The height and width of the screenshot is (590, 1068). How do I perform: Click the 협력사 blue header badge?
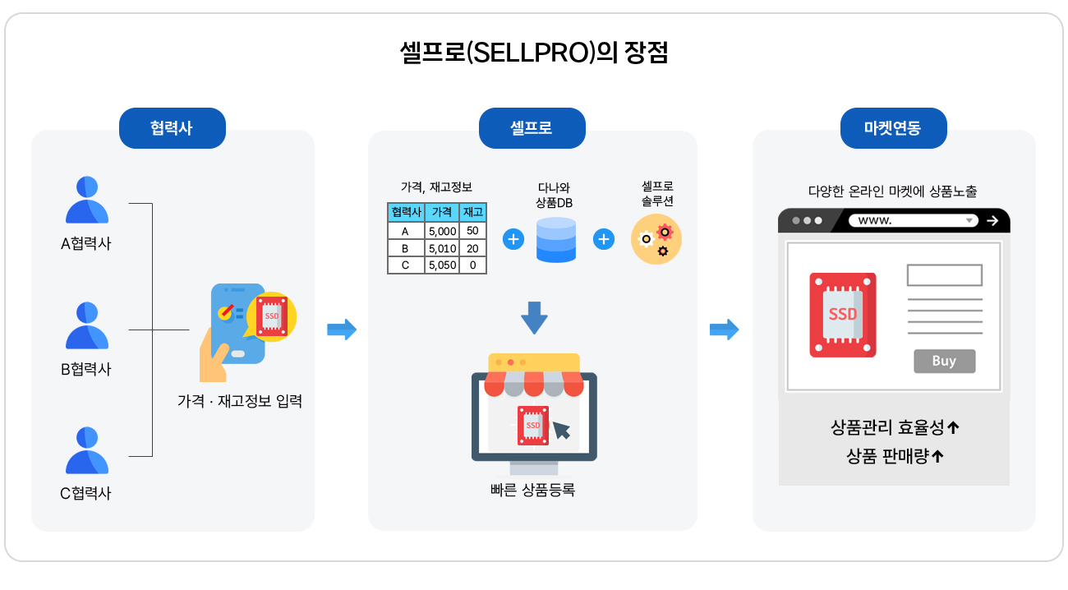173,128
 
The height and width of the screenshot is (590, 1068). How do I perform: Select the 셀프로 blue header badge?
532,128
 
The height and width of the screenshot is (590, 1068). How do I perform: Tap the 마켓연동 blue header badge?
893,128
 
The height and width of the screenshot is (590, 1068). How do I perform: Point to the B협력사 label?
86,369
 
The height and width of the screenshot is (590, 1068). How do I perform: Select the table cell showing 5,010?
442,248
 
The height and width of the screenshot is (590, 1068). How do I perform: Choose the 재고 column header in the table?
472,212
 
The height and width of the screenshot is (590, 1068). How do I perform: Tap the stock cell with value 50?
472,231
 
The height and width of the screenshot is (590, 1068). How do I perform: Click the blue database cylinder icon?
556,239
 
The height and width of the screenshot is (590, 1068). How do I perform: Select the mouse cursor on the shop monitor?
561,430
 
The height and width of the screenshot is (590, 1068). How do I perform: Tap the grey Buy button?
944,361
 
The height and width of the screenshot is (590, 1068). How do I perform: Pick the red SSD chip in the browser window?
843,315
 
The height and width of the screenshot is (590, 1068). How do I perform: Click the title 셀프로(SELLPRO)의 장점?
533,53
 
